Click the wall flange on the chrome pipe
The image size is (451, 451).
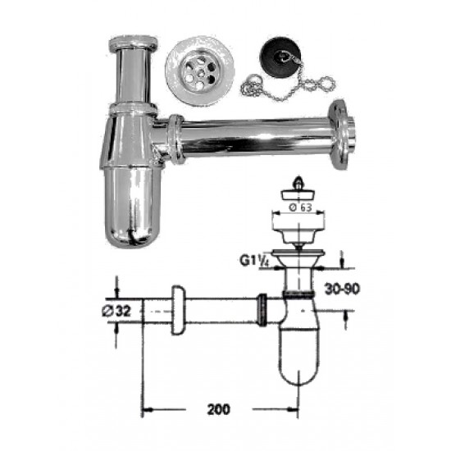(x=342, y=136)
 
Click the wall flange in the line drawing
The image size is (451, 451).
(x=177, y=312)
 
